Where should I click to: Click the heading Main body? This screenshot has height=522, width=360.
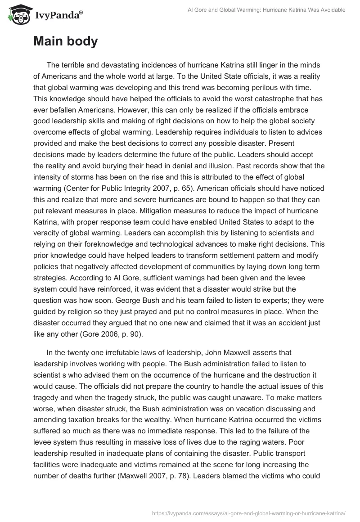(65, 41)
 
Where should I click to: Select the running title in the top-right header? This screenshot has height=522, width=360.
(266, 10)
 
